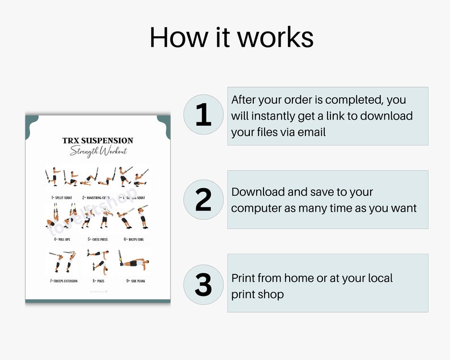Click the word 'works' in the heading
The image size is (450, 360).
275,37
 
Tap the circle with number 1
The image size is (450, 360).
203,115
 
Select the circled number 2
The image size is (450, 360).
203,199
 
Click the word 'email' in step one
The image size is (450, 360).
311,133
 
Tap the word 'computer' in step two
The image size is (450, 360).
256,208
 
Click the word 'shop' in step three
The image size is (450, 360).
270,294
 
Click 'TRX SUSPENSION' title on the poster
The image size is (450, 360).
98,141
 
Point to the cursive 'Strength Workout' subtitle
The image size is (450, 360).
98,151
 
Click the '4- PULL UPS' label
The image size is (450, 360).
62,239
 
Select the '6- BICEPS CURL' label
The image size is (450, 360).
132,239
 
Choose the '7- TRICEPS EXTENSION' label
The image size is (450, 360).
63,280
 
